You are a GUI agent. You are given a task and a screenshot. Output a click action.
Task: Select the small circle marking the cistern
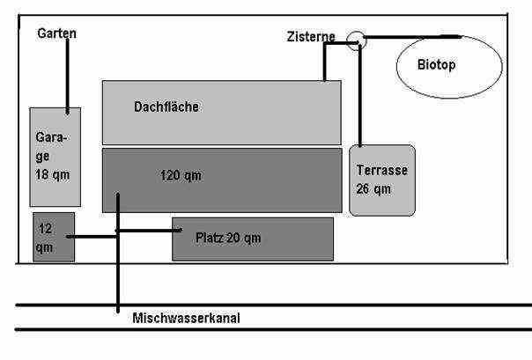(x=355, y=40)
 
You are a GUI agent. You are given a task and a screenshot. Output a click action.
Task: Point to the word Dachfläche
(x=166, y=107)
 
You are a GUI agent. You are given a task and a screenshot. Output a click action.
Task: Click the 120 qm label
(x=181, y=175)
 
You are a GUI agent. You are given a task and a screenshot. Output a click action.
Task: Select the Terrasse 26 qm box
(x=381, y=180)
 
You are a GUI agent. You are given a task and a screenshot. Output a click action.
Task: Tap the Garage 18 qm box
(x=55, y=157)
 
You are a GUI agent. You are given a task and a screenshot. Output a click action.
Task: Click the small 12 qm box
(x=53, y=237)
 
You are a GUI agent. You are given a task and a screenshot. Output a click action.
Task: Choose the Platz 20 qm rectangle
(x=253, y=239)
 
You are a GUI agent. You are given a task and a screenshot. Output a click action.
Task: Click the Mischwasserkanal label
(x=185, y=319)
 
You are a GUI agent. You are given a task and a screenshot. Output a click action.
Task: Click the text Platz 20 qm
(x=227, y=237)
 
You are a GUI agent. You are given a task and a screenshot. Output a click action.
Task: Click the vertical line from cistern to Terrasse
(x=359, y=97)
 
